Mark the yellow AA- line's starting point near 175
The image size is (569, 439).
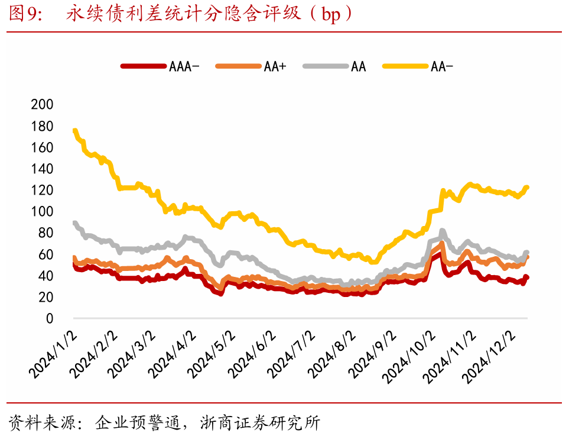74,131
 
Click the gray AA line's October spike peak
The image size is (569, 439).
442,231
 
